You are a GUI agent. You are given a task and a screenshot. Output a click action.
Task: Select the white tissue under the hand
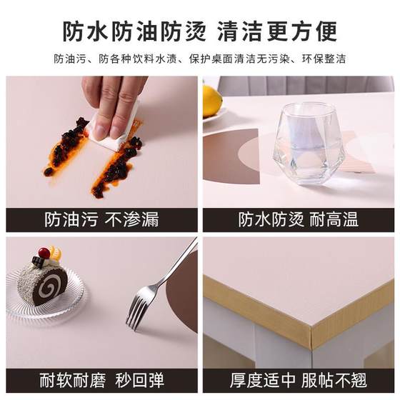coord(114,136)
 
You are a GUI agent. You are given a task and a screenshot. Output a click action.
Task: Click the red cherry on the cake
coord(44,253)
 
